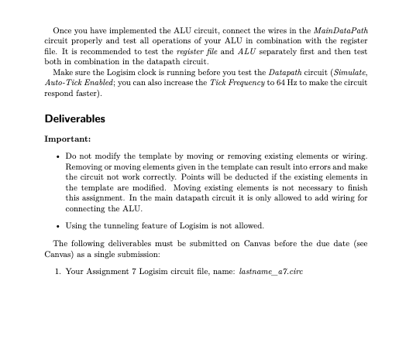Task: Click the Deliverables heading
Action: point(74,118)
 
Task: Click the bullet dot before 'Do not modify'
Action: point(60,157)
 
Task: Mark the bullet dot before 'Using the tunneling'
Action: point(60,225)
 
